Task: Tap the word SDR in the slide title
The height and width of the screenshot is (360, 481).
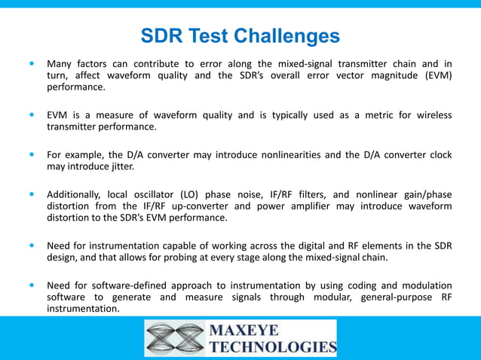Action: pos(161,35)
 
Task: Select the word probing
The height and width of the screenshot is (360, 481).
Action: pos(224,258)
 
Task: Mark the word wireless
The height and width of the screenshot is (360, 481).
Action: pos(432,115)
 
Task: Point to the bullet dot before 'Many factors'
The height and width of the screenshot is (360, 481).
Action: pos(31,64)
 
